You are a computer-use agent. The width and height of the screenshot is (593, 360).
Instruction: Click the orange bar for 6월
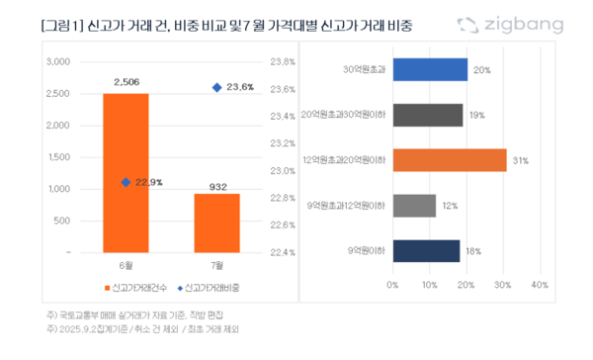coord(127,173)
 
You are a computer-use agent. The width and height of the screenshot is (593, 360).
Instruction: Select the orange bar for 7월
coord(216,223)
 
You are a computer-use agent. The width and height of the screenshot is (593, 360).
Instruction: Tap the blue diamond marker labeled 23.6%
coord(216,88)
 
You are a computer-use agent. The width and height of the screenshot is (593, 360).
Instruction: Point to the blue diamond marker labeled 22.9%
coord(126,182)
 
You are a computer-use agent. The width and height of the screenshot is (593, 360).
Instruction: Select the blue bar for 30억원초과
coord(430,69)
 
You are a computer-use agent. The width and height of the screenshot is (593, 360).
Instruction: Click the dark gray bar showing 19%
coord(428,115)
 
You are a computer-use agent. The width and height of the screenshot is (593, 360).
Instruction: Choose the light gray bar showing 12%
coord(414,205)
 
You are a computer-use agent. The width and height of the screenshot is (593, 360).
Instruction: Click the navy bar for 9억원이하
coord(426,250)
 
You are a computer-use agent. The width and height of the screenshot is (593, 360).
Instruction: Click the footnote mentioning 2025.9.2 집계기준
coord(143,327)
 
